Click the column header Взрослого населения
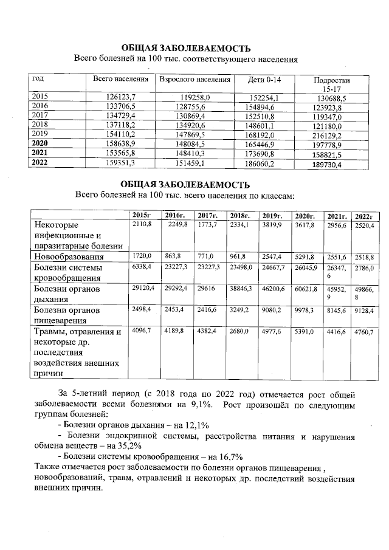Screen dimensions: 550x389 (x=194, y=80)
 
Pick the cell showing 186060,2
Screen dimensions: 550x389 (x=263, y=163)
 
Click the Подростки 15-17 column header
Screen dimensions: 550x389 (x=331, y=84)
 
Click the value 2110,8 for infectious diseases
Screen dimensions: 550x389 (x=142, y=225)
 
